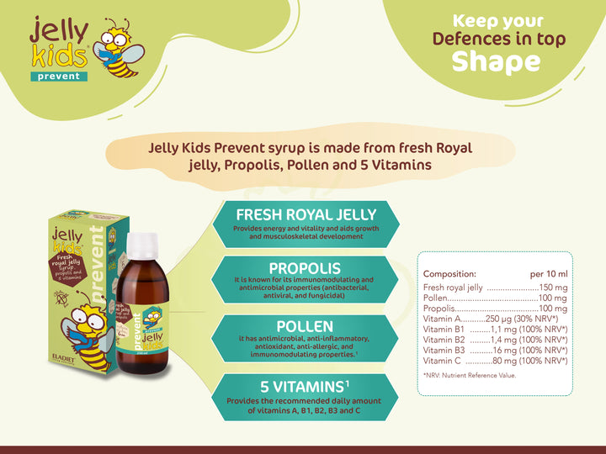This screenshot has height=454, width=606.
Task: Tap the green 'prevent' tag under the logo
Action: click(58, 77)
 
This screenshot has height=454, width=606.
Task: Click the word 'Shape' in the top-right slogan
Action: click(497, 61)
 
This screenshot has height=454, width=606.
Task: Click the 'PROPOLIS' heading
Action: click(307, 267)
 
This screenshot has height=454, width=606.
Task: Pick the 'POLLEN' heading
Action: click(305, 325)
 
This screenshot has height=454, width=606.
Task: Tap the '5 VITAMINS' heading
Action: click(305, 386)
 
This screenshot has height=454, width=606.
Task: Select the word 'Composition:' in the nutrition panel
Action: click(449, 274)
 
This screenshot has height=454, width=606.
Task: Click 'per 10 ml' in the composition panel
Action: click(549, 274)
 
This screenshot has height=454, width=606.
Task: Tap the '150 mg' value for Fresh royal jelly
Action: click(553, 288)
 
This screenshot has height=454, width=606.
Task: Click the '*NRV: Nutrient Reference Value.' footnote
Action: click(470, 375)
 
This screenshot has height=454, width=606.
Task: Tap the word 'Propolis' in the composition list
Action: click(440, 309)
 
